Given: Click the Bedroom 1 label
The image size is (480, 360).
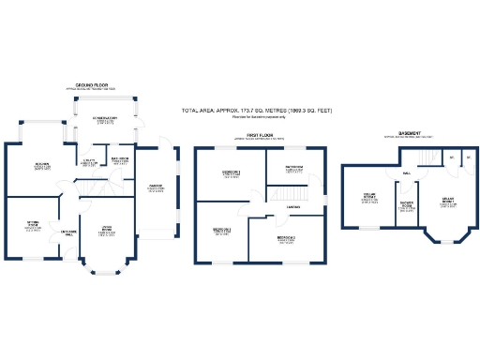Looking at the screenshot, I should tap(231, 173).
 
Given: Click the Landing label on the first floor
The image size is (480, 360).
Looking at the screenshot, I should tap(293, 207).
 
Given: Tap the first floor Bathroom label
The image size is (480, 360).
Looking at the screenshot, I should tap(294, 169).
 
